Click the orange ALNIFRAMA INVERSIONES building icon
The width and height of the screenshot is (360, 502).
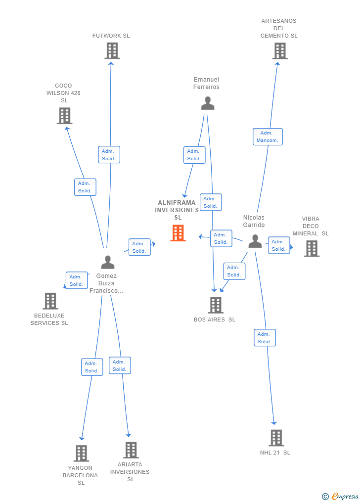[x=178, y=233]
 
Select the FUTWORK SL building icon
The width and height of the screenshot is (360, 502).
[x=112, y=51]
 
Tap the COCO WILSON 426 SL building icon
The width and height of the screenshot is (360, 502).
[x=65, y=116]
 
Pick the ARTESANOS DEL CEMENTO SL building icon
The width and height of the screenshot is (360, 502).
[x=280, y=51]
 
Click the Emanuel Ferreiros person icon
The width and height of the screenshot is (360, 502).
[x=208, y=103]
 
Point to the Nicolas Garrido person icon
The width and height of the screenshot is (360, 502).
[x=255, y=241]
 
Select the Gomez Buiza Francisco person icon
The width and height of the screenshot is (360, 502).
[x=107, y=262]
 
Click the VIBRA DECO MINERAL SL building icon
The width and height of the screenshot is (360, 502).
[x=312, y=249]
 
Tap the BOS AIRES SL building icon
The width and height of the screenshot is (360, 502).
[x=216, y=305]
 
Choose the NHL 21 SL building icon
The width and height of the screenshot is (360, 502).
[x=276, y=438]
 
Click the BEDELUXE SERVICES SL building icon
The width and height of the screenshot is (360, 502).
[x=50, y=301]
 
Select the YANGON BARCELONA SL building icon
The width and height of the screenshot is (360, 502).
[x=81, y=453]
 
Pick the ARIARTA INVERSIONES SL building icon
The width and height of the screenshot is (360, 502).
[x=131, y=450]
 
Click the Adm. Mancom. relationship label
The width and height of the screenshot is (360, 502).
[x=268, y=137]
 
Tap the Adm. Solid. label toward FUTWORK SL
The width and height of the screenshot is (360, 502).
[x=109, y=155]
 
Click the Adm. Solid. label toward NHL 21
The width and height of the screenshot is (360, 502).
[x=265, y=338]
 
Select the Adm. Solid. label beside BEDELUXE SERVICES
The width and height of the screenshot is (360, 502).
[x=77, y=280]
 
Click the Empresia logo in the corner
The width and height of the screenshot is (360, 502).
[x=340, y=496]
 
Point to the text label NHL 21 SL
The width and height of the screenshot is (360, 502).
[x=275, y=453]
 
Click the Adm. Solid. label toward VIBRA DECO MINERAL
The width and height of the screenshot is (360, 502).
[x=278, y=245]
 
